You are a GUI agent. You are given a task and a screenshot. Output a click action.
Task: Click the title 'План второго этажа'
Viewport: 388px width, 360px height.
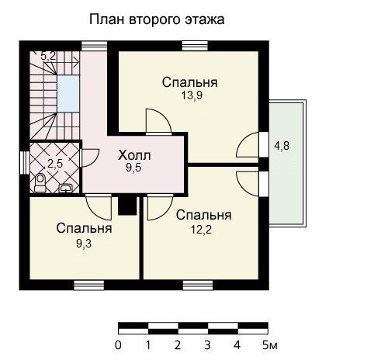coord(157,20)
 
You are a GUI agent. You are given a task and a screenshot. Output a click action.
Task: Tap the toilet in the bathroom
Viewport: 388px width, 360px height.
coord(40,183)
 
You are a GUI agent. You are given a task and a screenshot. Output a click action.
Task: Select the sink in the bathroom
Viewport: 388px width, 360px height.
coord(66,188)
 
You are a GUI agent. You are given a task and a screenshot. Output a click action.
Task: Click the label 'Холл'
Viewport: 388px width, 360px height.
coord(134,156)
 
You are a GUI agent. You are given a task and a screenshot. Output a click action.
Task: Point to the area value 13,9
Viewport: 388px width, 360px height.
coord(192,95)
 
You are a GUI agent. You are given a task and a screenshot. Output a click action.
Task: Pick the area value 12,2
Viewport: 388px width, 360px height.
coord(201,230)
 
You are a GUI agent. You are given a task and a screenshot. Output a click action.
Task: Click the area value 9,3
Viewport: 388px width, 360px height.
coord(84,244)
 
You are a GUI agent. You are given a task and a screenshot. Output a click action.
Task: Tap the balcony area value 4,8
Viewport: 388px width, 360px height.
coord(282,146)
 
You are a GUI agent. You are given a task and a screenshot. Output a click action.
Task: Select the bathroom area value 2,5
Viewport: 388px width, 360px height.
coord(55,164)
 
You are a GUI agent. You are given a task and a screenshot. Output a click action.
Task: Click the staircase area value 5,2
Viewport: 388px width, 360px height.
coord(48,56)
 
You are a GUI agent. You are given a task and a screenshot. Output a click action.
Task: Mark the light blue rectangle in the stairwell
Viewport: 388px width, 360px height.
coord(68,94)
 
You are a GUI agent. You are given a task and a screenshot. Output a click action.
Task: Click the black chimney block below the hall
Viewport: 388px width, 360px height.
coord(127,206)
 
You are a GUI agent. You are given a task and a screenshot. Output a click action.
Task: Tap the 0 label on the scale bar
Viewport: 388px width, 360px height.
coord(118,345)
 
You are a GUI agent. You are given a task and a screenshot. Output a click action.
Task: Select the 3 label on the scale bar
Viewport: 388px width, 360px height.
coord(207,345)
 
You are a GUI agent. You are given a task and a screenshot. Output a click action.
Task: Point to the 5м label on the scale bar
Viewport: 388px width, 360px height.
coord(270,345)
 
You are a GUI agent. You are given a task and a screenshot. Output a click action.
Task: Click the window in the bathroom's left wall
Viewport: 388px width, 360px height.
coord(25,163)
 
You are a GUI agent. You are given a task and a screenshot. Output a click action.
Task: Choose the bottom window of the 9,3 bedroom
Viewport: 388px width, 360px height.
coord(89,286)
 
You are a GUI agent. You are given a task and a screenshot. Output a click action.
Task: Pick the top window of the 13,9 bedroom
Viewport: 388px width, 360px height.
coord(195,46)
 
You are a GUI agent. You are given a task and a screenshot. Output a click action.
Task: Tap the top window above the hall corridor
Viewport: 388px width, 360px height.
coord(94,46)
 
